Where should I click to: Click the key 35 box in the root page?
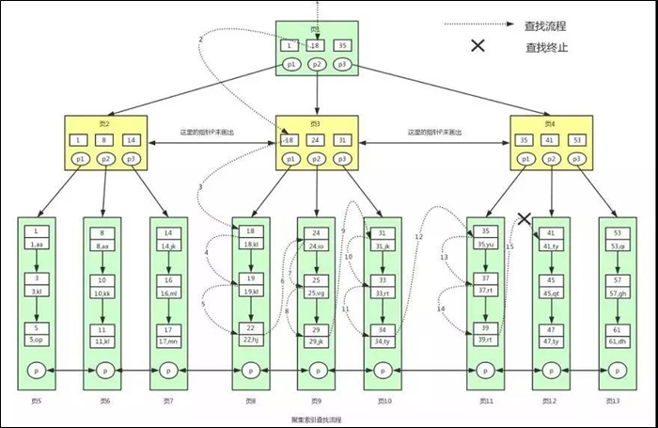342,45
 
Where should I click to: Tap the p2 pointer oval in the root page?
317,64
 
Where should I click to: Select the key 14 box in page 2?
131,140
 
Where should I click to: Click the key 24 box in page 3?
317,140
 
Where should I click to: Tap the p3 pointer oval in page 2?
131,160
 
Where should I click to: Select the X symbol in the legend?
478,45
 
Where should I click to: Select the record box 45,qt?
551,293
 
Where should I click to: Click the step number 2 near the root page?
200,39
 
